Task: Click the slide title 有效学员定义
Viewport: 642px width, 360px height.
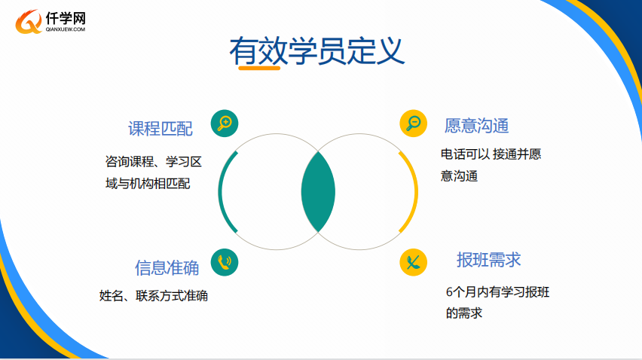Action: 317,50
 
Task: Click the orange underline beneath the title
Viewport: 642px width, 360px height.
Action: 259,68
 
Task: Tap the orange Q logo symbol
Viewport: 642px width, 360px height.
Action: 29,22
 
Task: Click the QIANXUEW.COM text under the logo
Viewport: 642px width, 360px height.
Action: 66,29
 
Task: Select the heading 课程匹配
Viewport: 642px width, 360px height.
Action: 160,129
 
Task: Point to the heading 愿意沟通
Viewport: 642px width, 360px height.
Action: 476,126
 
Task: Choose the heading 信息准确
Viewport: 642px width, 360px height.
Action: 167,267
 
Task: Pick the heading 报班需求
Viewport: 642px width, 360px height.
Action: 489,260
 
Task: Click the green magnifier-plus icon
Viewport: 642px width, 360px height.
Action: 225,123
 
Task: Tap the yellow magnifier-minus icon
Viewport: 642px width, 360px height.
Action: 413,123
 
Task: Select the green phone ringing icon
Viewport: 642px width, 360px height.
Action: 225,262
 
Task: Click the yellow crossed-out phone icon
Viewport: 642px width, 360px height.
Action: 413,262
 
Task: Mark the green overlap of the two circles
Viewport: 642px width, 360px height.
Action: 318,192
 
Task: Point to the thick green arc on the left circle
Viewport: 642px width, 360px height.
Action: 220,192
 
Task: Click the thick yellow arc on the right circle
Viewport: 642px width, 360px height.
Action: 416,192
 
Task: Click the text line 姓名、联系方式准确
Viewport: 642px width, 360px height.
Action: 154,295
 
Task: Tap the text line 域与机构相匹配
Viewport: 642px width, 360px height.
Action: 148,183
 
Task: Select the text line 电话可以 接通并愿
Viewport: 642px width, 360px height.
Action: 491,154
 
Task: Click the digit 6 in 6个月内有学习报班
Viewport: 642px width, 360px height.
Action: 449,292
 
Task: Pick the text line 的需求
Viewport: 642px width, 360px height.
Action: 464,313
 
